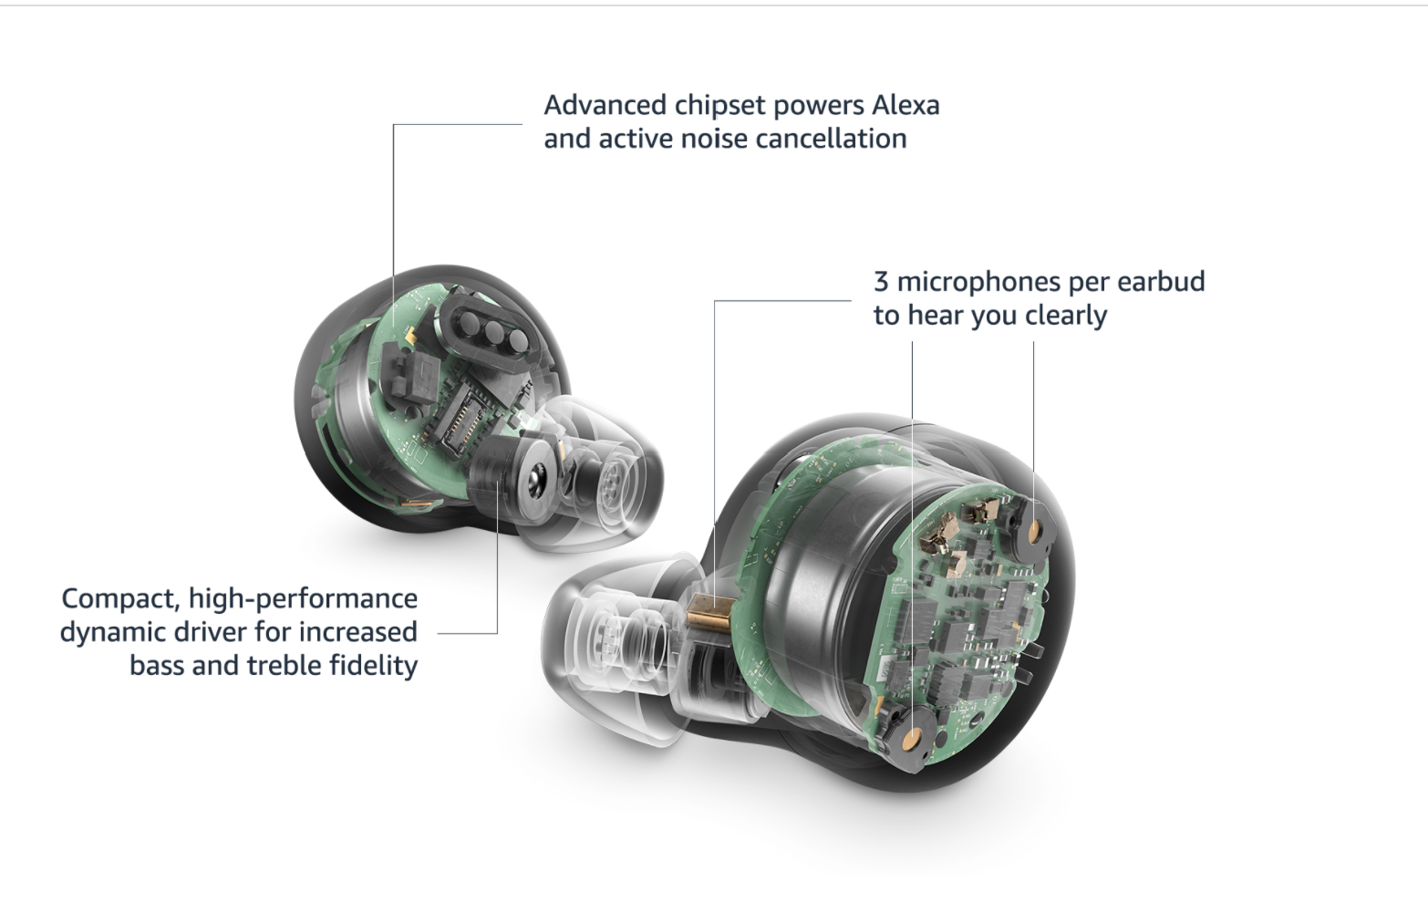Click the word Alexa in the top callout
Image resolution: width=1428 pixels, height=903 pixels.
click(x=905, y=105)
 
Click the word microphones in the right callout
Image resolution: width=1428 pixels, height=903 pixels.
click(x=978, y=283)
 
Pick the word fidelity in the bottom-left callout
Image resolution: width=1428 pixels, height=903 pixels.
click(x=373, y=666)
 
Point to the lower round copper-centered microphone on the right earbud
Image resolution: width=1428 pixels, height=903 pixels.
click(x=911, y=739)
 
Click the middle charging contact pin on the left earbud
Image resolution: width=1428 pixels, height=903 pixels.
click(x=492, y=331)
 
